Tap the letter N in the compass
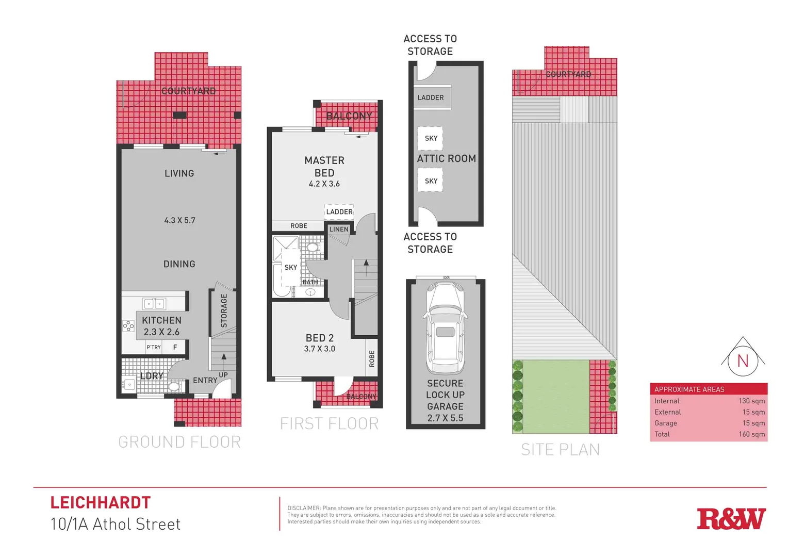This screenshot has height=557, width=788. tap(743, 361)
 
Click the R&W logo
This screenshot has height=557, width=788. tap(731, 519)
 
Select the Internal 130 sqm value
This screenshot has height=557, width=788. tap(751, 401)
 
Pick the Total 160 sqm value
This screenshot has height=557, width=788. tap(751, 434)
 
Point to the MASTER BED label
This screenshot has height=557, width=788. tap(324, 167)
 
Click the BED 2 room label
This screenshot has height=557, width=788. tap(320, 338)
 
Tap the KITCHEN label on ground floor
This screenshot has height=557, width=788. tap(161, 320)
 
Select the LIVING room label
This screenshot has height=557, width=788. tap(179, 173)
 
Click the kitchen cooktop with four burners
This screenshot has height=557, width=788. tap(128, 326)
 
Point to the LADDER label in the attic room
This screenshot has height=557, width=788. tap(431, 97)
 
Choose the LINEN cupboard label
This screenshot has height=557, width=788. tap(339, 230)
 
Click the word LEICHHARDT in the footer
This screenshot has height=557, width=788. tap(101, 502)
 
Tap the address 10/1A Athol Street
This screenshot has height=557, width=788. tap(116, 524)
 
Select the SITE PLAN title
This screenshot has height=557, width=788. tap(561, 450)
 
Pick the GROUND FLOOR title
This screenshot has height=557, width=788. tap(179, 442)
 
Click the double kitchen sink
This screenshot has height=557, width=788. tap(154, 303)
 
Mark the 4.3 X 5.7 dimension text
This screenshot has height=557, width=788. tap(179, 220)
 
